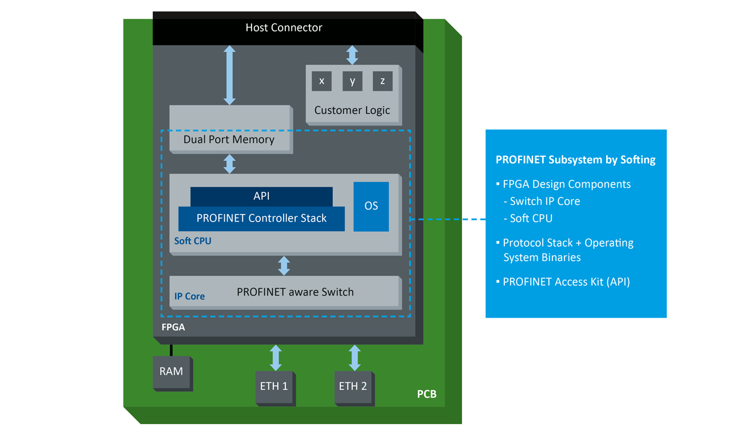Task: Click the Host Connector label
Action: [284, 27]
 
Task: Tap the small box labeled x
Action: [321, 81]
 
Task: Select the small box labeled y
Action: [352, 81]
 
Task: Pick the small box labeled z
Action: [383, 81]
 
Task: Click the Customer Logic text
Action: [352, 110]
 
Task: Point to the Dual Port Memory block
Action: [229, 139]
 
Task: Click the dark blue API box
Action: [261, 196]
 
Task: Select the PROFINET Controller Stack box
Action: [261, 219]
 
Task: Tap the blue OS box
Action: [371, 206]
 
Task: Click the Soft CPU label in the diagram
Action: [193, 241]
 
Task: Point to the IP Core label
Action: [189, 296]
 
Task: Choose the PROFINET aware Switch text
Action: [295, 292]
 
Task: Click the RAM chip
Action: [171, 371]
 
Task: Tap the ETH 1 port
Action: [274, 386]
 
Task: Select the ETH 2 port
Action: [353, 386]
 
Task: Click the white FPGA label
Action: [173, 329]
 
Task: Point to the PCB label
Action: [427, 394]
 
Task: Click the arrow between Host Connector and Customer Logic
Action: [352, 55]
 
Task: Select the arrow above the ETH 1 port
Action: [276, 358]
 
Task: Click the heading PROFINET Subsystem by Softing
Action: [575, 160]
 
